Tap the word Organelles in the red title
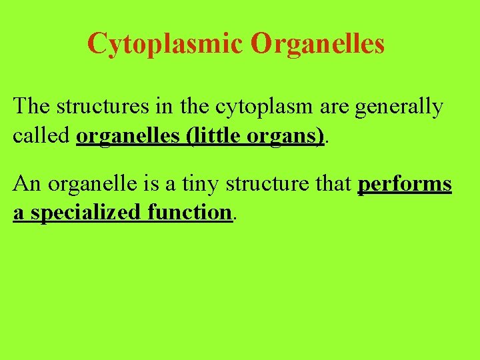[x=318, y=44]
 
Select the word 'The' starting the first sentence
[x=33, y=107]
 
